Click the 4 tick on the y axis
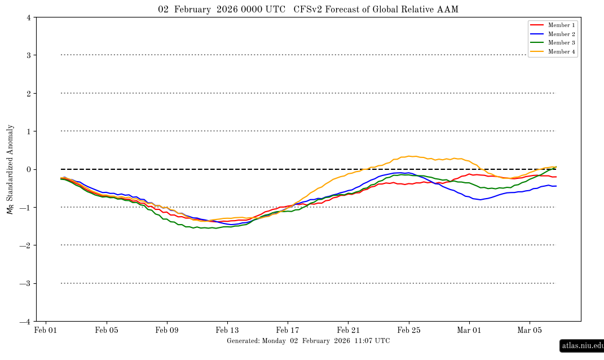(28, 17)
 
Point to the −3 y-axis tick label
(26, 284)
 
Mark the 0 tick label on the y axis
(28, 169)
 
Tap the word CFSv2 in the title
(307, 9)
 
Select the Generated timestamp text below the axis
(308, 341)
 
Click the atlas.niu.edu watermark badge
(581, 346)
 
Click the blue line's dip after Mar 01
(479, 200)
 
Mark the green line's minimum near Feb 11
(195, 228)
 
